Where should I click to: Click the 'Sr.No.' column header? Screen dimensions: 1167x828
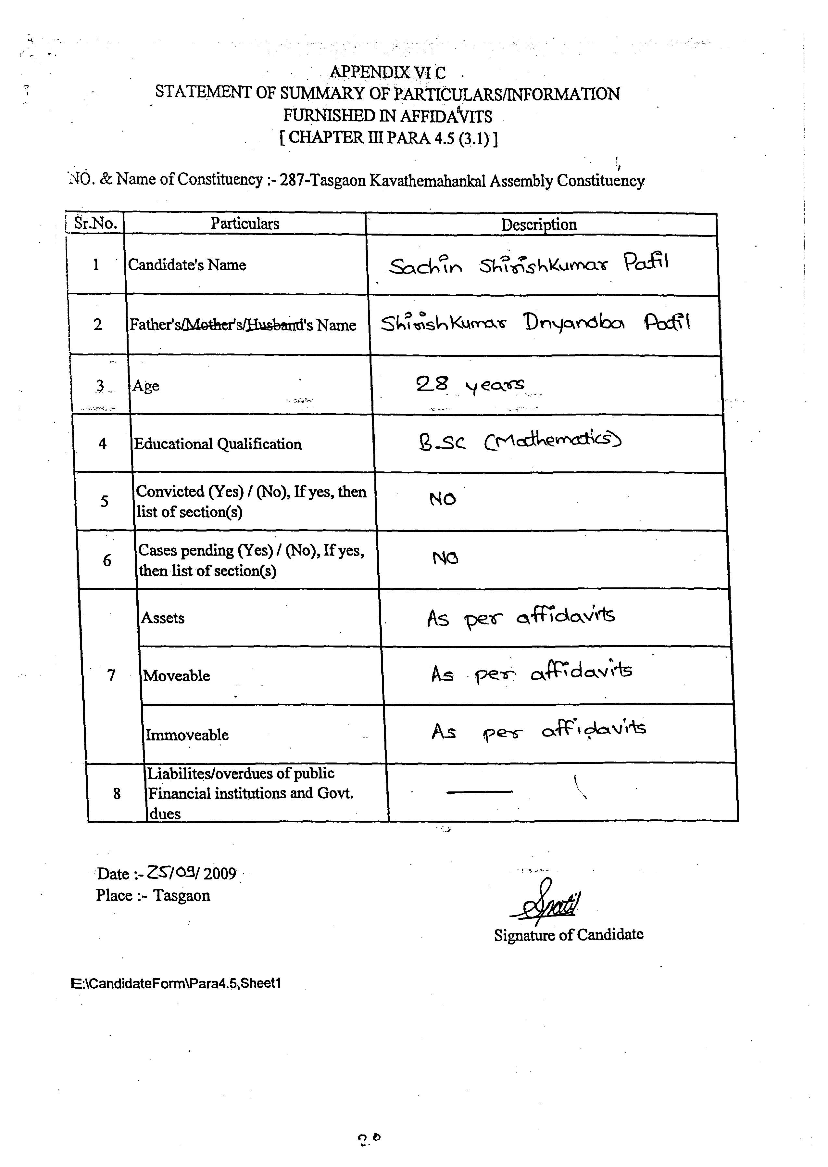pos(96,223)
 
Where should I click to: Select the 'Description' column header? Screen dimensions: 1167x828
pos(539,224)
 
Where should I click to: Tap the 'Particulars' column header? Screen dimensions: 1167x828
pos(245,224)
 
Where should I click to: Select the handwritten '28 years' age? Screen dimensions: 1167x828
pos(470,385)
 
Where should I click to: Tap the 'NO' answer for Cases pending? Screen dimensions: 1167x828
pos(445,558)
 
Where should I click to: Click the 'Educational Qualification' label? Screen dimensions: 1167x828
pos(218,444)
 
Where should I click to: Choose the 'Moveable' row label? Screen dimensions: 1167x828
pos(176,676)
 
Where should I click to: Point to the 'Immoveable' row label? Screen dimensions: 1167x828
pos(187,735)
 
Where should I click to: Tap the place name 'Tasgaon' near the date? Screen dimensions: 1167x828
pos(182,896)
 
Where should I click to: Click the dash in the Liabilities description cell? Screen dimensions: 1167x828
pos(479,792)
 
